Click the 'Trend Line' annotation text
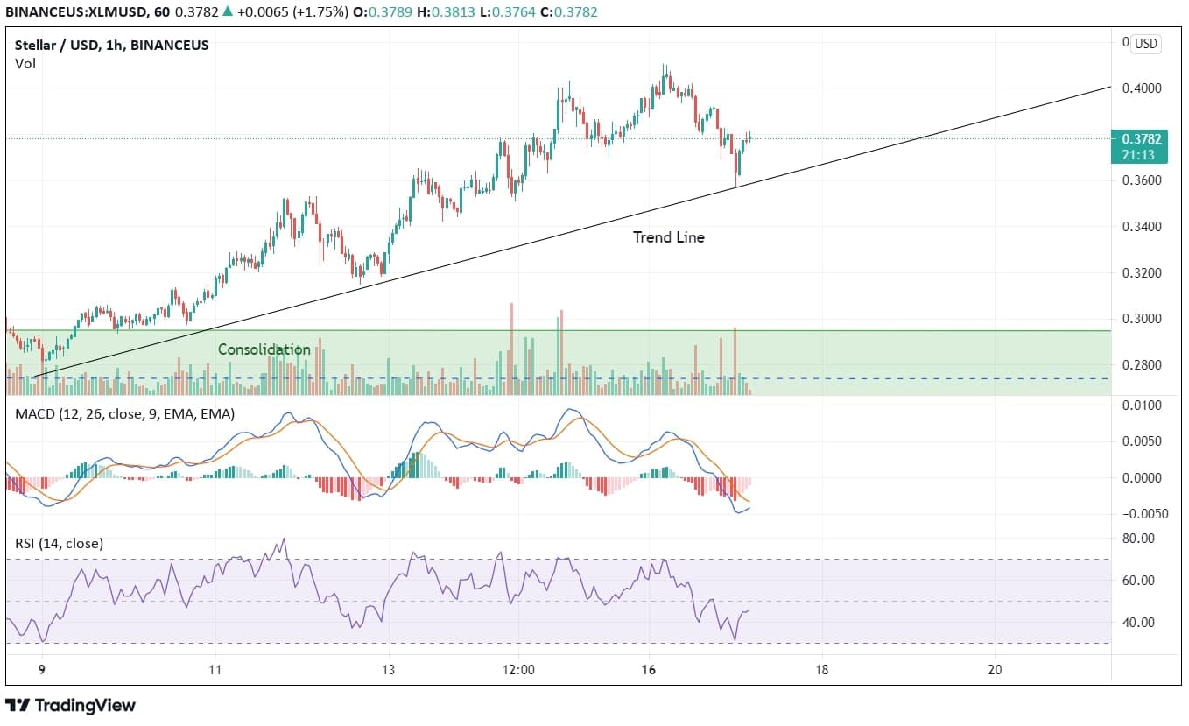click(x=668, y=236)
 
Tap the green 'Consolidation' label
click(x=264, y=349)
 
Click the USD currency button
click(x=1144, y=44)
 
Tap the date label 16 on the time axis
click(x=648, y=670)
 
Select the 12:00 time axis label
click(x=518, y=670)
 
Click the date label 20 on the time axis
click(x=994, y=670)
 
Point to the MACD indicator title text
click(x=124, y=414)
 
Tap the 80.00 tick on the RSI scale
click(x=1139, y=538)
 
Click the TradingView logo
click(x=71, y=705)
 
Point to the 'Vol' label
click(x=25, y=63)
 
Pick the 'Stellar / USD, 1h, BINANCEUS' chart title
click(x=112, y=45)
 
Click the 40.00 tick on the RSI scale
click(x=1139, y=623)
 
